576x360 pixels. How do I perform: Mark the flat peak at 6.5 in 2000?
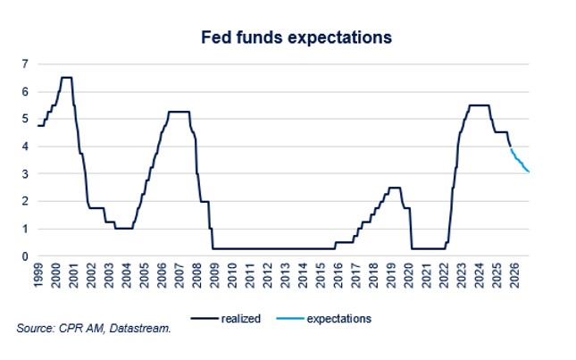tap(66, 78)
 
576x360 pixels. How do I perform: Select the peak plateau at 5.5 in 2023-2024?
tap(480, 105)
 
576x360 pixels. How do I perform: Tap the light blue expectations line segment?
tap(520, 162)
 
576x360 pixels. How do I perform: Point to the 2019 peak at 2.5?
tap(395, 188)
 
